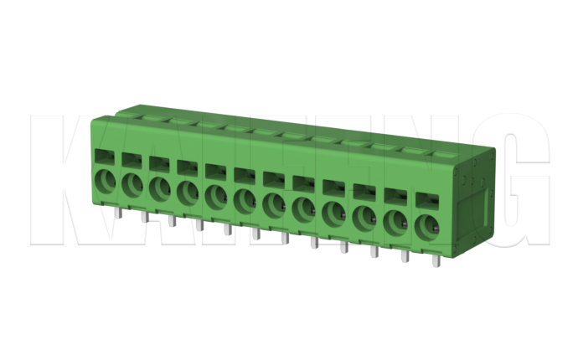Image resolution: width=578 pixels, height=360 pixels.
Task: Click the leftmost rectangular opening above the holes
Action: [x=105, y=156]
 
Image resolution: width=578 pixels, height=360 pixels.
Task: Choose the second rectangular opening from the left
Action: [x=132, y=159]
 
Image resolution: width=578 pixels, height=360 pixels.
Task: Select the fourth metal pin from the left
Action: [x=199, y=224]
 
